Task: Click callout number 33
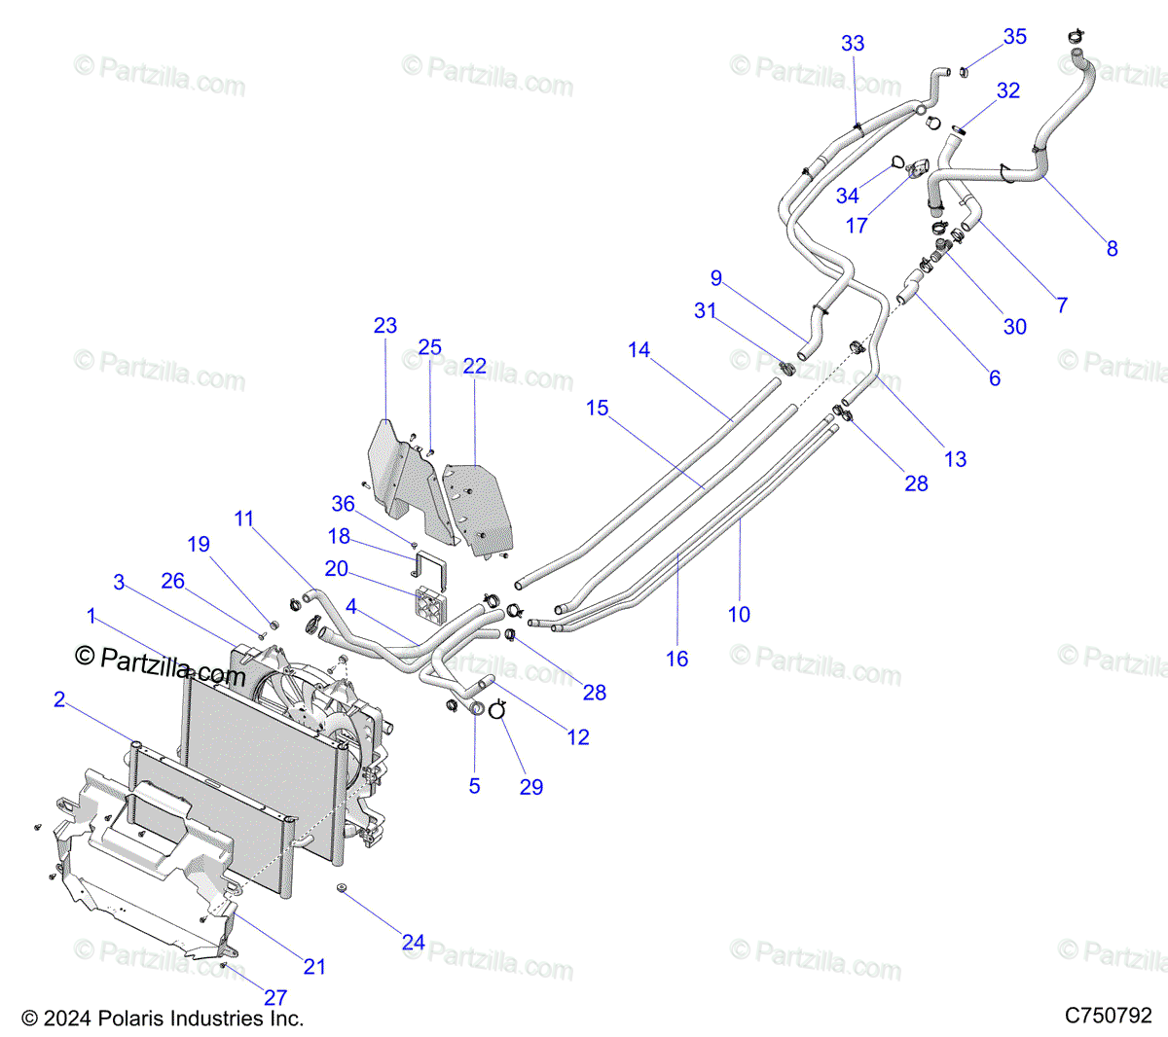(x=853, y=43)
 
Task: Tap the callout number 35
(x=1014, y=36)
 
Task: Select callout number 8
(x=1113, y=248)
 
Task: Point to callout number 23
(x=385, y=326)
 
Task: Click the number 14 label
(x=639, y=349)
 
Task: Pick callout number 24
(x=413, y=943)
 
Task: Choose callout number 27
(x=275, y=997)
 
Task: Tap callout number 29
(x=531, y=786)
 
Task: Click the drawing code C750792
(x=1108, y=1015)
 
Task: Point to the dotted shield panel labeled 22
(x=477, y=509)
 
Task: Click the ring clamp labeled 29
(x=497, y=710)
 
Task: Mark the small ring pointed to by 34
(x=897, y=163)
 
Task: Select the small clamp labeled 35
(x=964, y=72)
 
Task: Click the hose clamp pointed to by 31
(x=787, y=368)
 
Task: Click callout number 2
(x=59, y=699)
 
